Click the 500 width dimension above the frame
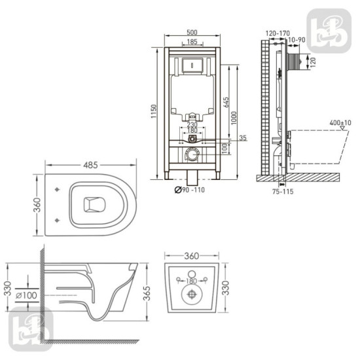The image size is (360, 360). click(x=192, y=33)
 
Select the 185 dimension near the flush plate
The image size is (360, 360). click(x=192, y=42)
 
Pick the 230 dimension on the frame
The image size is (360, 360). click(x=192, y=124)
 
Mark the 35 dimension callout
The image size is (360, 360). click(x=243, y=138)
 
